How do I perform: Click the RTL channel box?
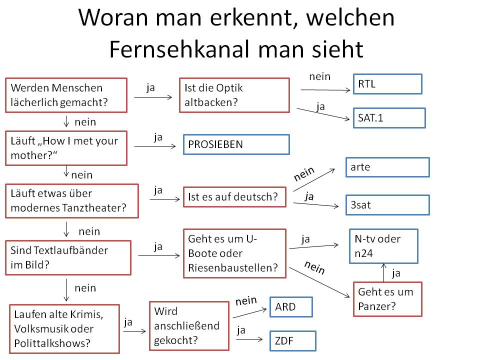click(387, 84)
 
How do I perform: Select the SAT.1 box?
click(389, 118)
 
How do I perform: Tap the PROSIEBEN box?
click(236, 144)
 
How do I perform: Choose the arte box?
click(387, 167)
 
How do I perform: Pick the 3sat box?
click(387, 205)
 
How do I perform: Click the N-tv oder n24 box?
click(383, 246)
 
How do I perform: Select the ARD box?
click(290, 307)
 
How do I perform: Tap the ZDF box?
click(292, 340)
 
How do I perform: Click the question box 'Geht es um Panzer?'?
click(387, 299)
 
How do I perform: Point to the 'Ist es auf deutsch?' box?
click(234, 197)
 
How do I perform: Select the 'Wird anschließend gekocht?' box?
click(189, 326)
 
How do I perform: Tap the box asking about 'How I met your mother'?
click(66, 148)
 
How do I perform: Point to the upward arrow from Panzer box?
click(383, 272)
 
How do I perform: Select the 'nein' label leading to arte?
click(304, 174)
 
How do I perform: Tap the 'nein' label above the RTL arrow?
click(320, 76)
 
